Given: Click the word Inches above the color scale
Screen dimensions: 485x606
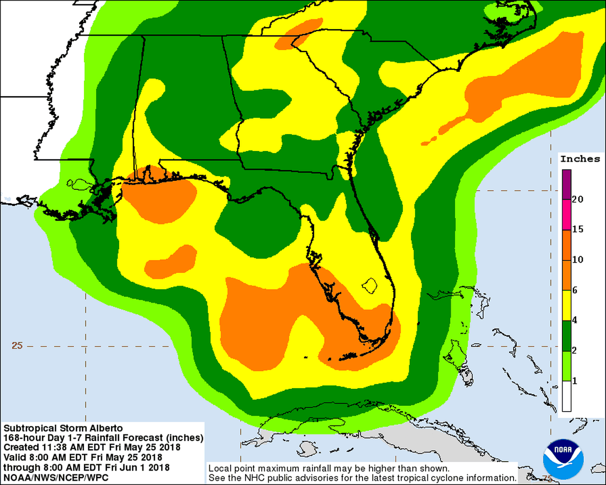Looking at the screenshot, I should point(580,159).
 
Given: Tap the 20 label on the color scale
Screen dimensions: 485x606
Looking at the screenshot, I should point(578,199).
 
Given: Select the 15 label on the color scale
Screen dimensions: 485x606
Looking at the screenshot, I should point(578,230).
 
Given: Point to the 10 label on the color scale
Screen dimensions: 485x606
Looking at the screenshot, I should point(578,260).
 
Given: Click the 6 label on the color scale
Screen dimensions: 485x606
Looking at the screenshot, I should point(575,290).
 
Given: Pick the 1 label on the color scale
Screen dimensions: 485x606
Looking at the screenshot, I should point(575,381).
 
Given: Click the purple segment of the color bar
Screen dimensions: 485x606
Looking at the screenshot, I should point(567,184).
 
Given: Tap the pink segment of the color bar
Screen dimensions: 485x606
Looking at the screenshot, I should point(567,214).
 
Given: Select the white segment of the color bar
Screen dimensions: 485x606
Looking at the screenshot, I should point(567,397).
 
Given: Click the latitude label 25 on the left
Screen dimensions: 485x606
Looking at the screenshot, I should point(18,346).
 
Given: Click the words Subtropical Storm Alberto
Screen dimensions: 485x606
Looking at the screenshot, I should point(63,428).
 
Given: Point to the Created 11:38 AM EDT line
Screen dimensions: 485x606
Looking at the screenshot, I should point(91,447).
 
